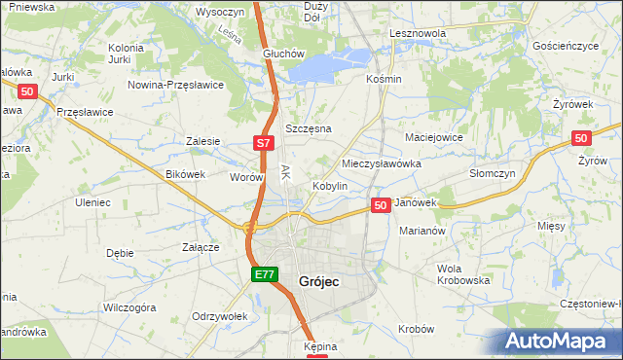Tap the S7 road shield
coord(263,143)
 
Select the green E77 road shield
coord(265,275)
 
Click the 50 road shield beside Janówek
coord(381,205)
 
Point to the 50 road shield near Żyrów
coord(582,139)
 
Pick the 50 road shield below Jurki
coord(27,91)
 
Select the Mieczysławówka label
coord(382,163)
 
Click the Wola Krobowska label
coord(463,273)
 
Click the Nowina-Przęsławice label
coord(176,85)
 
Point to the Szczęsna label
coord(308,128)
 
